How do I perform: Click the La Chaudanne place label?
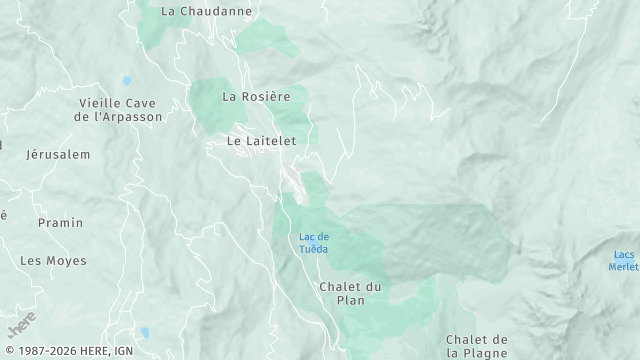207,11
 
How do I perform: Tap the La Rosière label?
256,97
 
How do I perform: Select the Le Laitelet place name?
262,142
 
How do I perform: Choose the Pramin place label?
60,222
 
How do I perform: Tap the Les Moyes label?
53,261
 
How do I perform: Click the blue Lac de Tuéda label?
313,243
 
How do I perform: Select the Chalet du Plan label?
350,293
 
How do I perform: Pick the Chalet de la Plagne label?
478,346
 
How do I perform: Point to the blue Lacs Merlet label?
626,260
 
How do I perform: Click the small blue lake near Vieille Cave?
127,81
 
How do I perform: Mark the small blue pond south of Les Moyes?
144,333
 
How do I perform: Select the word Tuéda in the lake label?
313,249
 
